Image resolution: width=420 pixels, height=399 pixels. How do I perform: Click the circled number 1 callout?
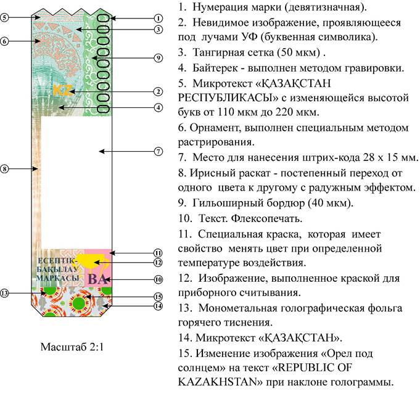click(x=159, y=19)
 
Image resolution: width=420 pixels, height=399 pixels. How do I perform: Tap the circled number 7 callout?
click(x=159, y=152)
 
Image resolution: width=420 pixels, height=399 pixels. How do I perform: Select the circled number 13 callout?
click(x=4, y=293)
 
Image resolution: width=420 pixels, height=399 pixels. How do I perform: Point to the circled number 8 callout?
click(x=4, y=169)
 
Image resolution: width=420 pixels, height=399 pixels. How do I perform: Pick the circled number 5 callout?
click(x=4, y=18)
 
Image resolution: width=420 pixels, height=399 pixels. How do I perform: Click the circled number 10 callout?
click(x=159, y=279)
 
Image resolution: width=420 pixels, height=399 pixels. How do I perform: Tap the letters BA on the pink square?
click(x=97, y=279)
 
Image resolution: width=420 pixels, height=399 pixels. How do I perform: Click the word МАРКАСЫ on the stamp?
click(x=57, y=278)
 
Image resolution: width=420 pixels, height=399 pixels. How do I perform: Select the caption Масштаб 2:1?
click(x=72, y=347)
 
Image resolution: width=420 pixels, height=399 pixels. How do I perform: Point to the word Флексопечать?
click(x=266, y=218)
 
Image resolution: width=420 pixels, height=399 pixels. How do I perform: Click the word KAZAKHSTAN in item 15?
click(x=218, y=381)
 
